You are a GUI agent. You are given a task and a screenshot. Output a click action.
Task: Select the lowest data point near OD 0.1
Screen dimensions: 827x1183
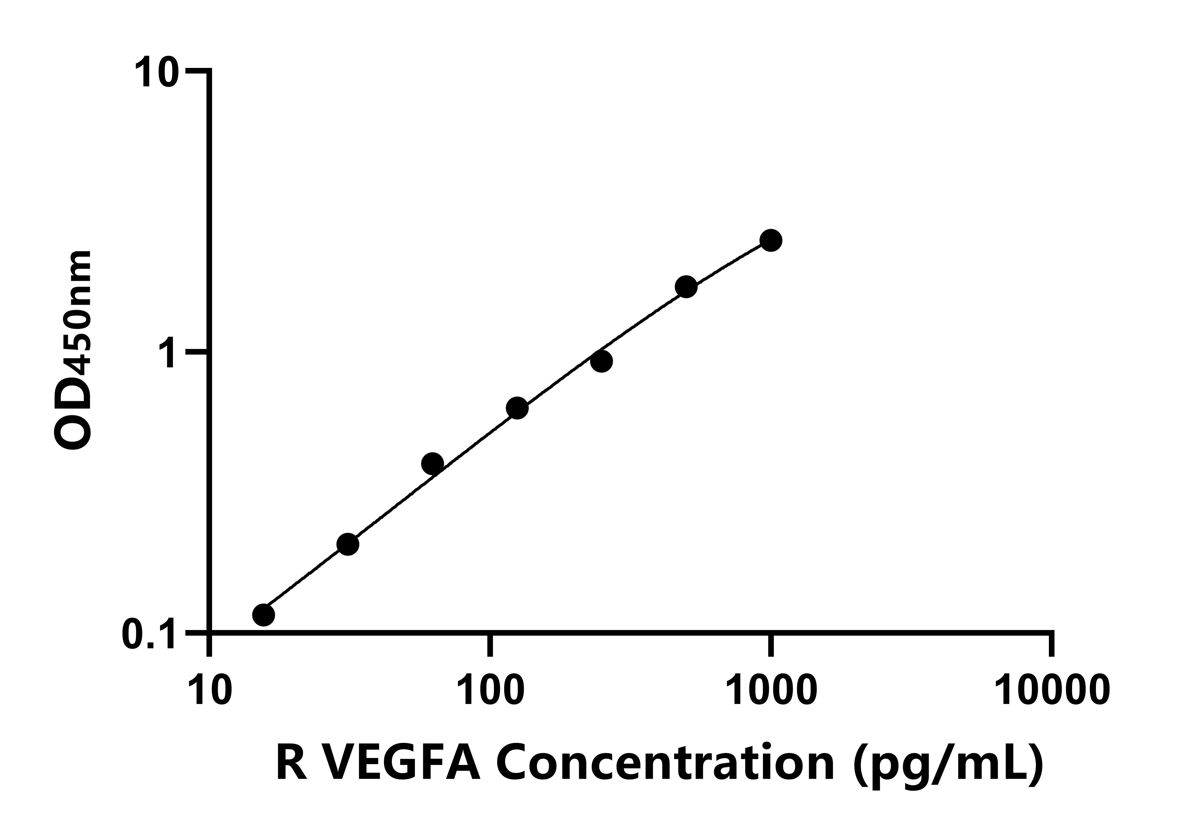point(264,615)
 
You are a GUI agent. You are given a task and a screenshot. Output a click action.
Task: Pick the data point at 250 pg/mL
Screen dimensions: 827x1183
point(601,361)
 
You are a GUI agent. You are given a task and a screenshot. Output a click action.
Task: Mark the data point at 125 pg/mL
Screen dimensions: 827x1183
point(517,408)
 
